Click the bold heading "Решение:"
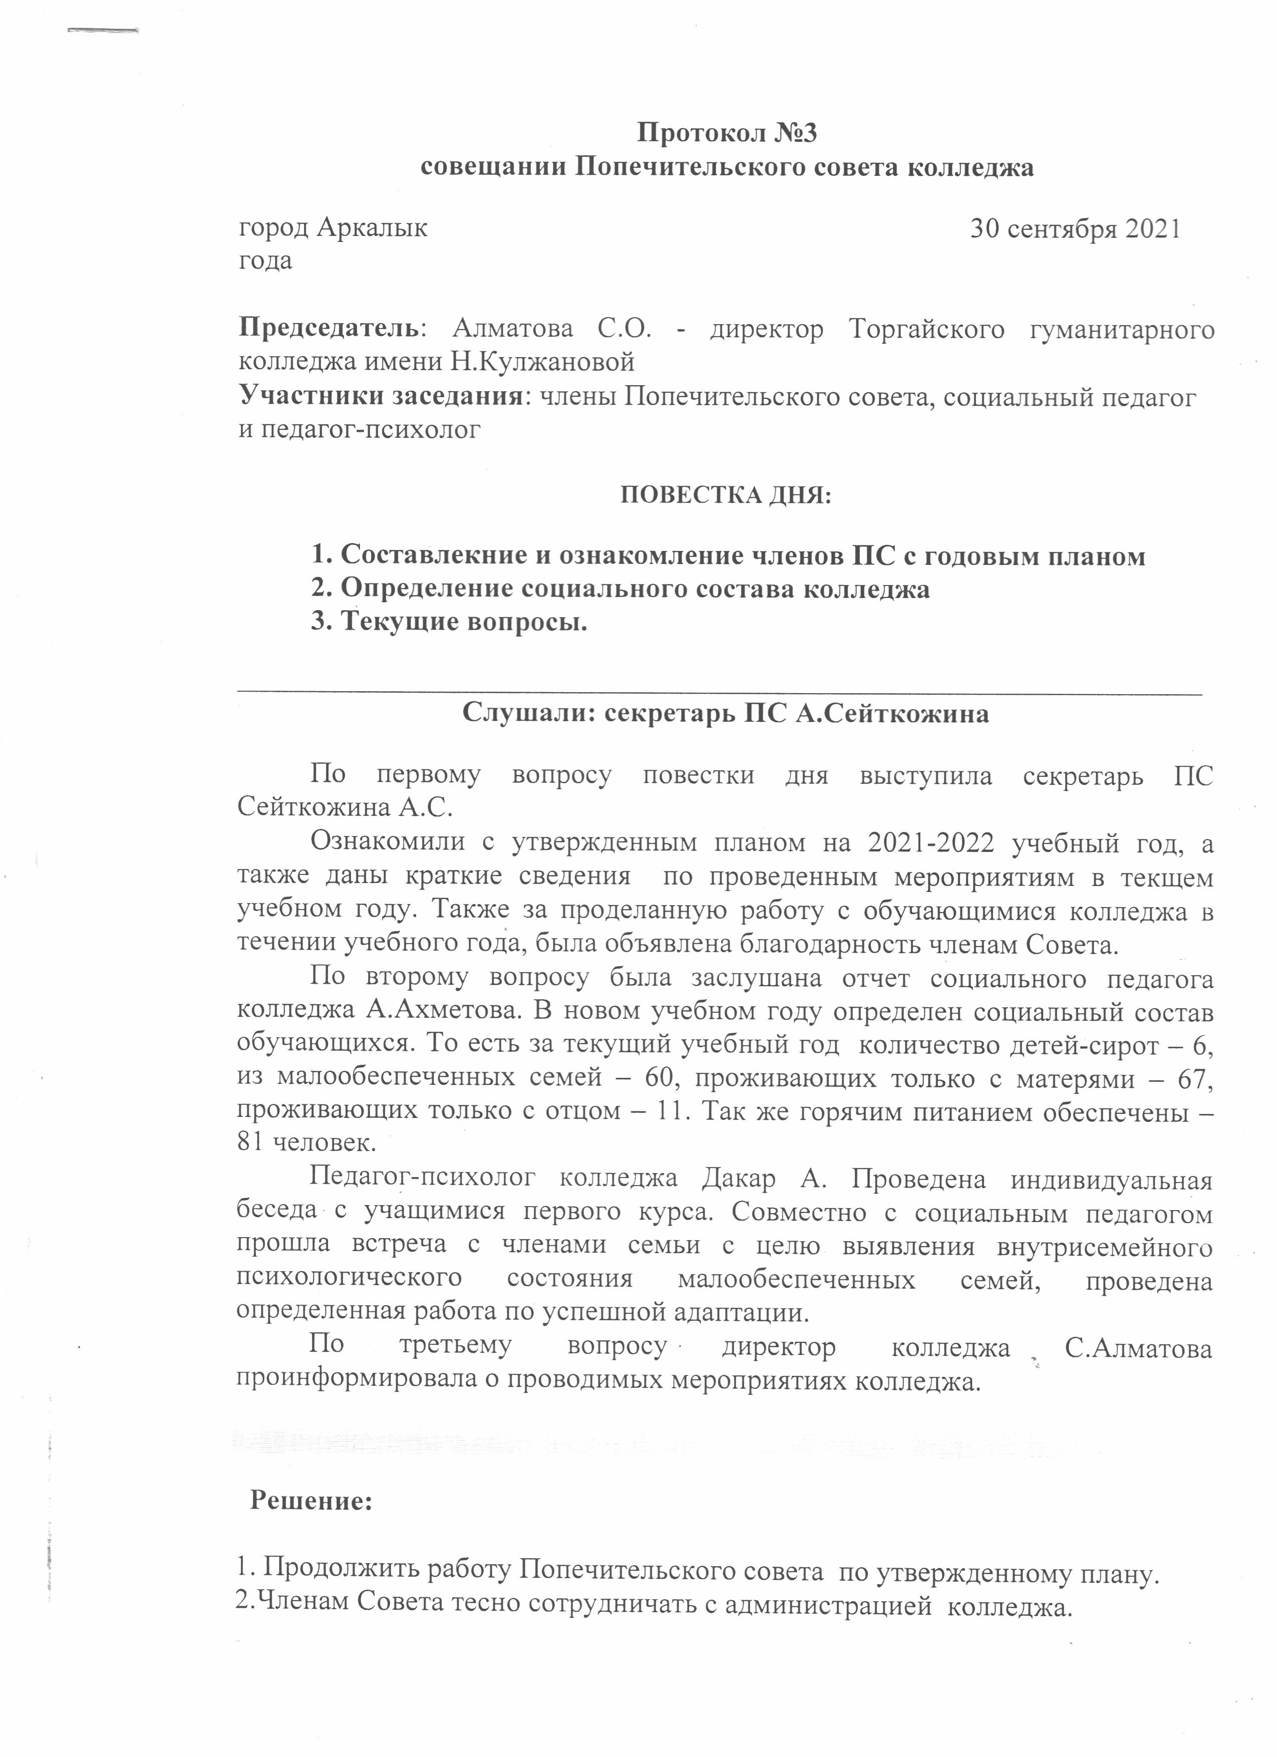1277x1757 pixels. (x=311, y=1502)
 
